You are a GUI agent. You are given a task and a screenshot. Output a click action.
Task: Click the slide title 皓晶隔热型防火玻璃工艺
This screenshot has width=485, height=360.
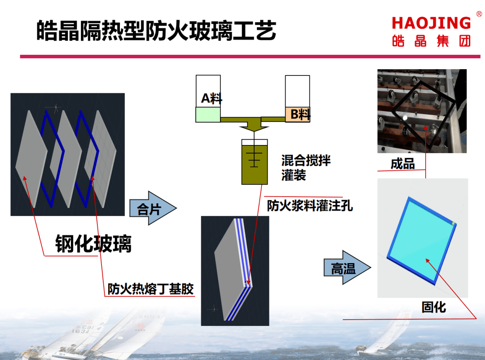click(x=156, y=31)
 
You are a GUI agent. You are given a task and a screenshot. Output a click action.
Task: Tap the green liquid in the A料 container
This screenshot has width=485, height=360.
click(x=208, y=114)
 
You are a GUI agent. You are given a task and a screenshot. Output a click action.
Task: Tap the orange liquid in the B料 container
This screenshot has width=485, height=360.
click(x=297, y=114)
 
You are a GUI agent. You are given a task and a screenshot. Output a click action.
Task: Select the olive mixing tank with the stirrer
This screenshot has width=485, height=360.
click(x=254, y=164)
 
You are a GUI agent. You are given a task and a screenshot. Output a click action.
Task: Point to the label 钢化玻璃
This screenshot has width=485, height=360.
click(x=93, y=244)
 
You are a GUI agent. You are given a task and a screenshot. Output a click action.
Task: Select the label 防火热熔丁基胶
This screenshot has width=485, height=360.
click(x=151, y=289)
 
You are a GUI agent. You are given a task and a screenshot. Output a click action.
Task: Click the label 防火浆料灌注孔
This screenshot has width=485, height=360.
click(x=310, y=206)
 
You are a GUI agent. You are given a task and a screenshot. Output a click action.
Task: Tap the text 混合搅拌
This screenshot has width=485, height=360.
click(x=306, y=160)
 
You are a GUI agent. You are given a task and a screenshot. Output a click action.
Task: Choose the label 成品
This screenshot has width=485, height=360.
click(x=402, y=163)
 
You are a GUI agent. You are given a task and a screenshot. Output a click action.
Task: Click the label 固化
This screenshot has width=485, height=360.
click(x=433, y=307)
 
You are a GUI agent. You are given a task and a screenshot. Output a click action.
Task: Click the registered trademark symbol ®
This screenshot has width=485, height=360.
click(x=479, y=14)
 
